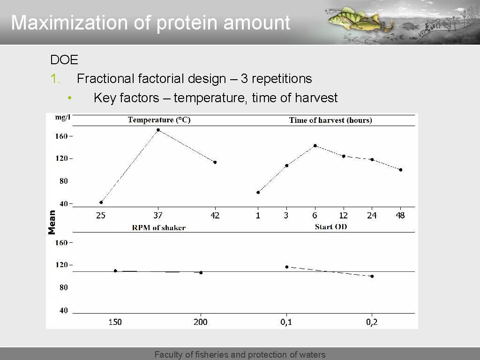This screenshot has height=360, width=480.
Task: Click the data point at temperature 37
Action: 158,130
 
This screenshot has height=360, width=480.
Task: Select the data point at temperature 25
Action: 101,202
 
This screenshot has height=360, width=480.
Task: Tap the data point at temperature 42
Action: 215,162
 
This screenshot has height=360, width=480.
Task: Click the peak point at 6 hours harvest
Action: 315,146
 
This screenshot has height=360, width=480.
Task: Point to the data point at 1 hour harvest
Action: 258,192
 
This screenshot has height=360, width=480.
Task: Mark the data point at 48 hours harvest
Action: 400,170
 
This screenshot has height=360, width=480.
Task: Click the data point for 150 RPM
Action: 115,271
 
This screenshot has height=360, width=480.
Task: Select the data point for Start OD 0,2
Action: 372,277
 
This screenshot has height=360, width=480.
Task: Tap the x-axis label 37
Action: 158,216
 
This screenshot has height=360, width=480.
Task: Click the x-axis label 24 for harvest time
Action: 372,216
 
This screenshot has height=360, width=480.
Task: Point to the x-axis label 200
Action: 201,322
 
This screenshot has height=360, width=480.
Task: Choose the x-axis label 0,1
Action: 286,322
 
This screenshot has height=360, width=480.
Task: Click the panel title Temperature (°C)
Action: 159,120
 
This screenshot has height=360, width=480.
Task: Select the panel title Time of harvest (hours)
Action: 330,120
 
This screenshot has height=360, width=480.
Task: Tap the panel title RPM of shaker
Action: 159,228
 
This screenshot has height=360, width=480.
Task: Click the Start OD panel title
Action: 330,227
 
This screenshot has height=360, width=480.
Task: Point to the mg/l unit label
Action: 62,117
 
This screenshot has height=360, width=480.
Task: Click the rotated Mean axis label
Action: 52,222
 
